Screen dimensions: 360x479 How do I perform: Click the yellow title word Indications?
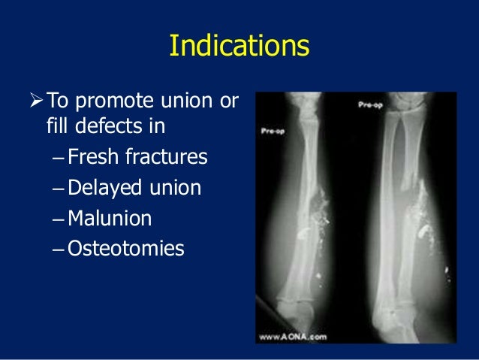click(x=239, y=47)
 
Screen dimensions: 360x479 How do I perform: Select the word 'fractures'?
click(x=170, y=159)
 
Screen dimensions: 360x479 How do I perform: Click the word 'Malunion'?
click(x=110, y=219)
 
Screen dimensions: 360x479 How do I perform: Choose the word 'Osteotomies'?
click(x=125, y=249)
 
